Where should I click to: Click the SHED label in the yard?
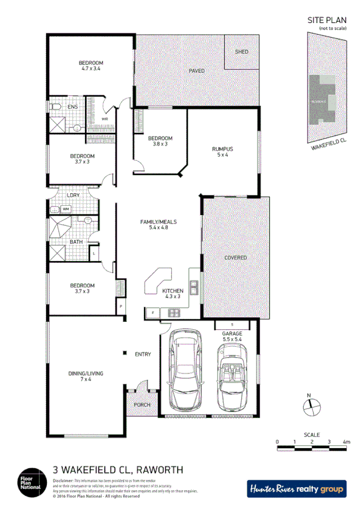(x=241, y=52)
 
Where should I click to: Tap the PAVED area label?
(x=196, y=71)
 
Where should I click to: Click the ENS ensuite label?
(x=72, y=107)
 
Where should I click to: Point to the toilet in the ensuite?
(x=55, y=107)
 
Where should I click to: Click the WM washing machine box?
(x=66, y=210)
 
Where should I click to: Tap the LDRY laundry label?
(x=74, y=195)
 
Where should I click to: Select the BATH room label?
(x=76, y=242)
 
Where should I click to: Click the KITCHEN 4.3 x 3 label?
(x=172, y=294)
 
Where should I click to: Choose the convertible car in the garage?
(x=233, y=378)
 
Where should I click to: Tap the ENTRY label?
(x=143, y=354)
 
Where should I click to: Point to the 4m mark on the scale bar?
(x=346, y=442)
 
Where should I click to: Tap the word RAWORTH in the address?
(x=160, y=469)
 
